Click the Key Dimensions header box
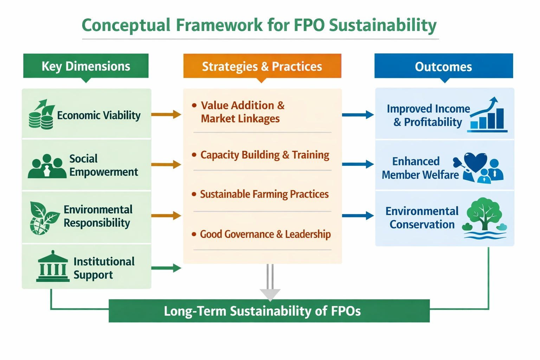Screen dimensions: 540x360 [86, 66]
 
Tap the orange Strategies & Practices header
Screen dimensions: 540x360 [262, 66]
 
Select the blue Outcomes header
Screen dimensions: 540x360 [444, 66]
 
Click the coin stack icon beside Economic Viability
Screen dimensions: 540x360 [41, 114]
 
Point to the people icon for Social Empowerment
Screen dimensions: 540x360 [47, 166]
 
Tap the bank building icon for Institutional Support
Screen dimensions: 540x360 [53, 266]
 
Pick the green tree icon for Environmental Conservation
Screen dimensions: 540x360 [484, 214]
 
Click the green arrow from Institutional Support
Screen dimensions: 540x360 [166, 268]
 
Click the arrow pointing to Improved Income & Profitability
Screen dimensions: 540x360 [358, 115]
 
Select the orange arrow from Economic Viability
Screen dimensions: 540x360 [166, 114]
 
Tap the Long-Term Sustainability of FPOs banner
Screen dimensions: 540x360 [269, 311]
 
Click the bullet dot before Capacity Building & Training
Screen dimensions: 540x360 [194, 155]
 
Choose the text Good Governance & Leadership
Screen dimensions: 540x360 [265, 234]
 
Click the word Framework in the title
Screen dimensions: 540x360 [219, 25]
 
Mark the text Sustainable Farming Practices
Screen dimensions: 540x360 [264, 194]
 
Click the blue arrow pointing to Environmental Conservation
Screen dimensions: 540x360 [358, 216]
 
